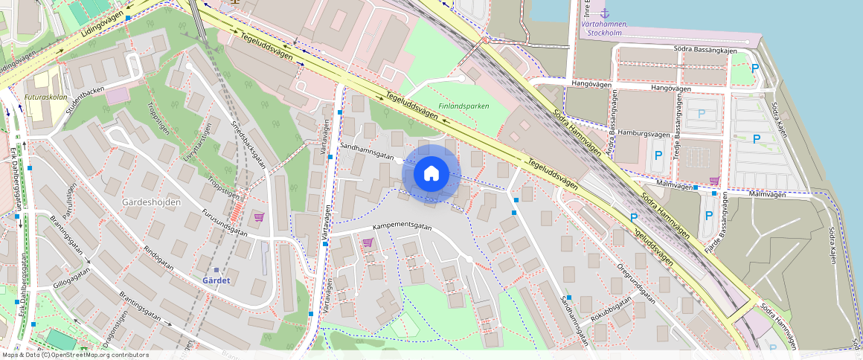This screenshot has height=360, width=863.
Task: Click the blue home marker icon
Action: [x=431, y=173]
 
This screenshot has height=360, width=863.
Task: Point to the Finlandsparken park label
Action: [x=463, y=106]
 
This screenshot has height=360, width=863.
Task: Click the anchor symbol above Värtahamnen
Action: [x=604, y=13]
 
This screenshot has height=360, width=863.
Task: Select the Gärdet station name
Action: [x=216, y=280]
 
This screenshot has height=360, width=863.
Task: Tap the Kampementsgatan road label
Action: [x=402, y=225]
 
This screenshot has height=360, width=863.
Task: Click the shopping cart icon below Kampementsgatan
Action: [x=367, y=242]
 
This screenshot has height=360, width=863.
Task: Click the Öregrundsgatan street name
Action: [x=635, y=283]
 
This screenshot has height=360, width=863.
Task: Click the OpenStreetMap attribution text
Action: [x=74, y=355]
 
